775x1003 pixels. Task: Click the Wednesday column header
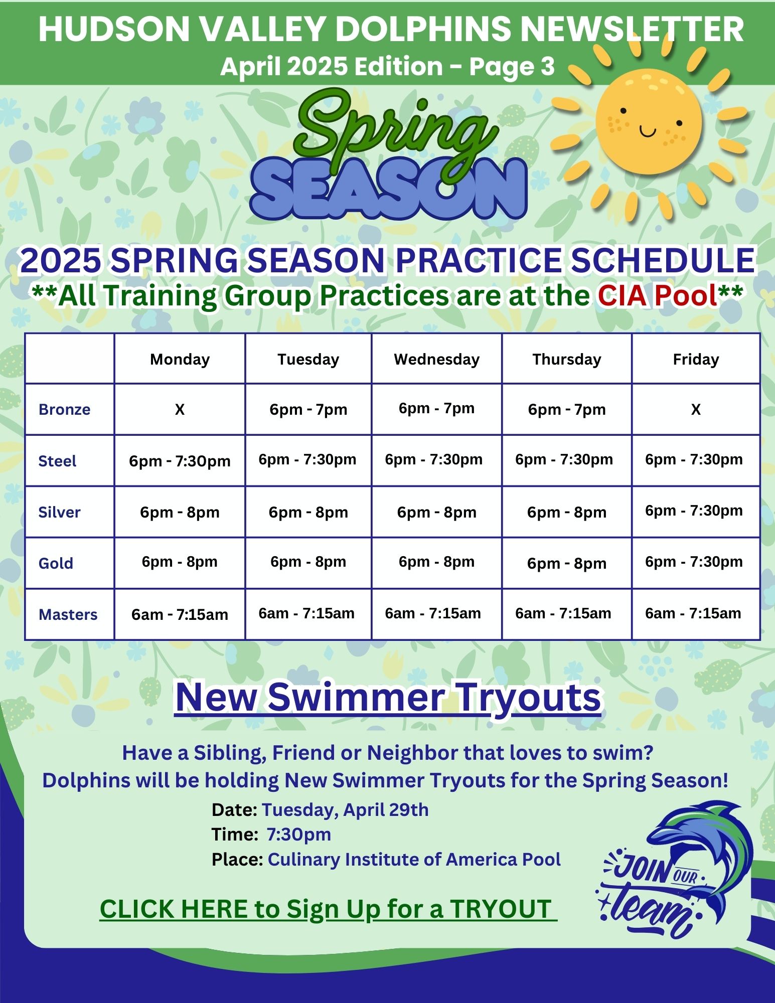(436, 359)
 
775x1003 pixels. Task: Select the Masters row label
(68, 614)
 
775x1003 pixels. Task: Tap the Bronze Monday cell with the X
(180, 410)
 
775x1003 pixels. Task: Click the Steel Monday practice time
(180, 461)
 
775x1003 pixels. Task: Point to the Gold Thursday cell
(567, 563)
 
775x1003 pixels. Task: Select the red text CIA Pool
(657, 295)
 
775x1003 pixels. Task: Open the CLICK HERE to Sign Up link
(329, 909)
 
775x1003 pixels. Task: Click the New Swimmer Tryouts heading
(388, 697)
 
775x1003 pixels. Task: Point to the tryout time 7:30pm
(299, 834)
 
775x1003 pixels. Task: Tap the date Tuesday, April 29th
(345, 810)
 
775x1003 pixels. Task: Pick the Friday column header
(696, 359)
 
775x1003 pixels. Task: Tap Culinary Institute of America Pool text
(414, 860)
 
